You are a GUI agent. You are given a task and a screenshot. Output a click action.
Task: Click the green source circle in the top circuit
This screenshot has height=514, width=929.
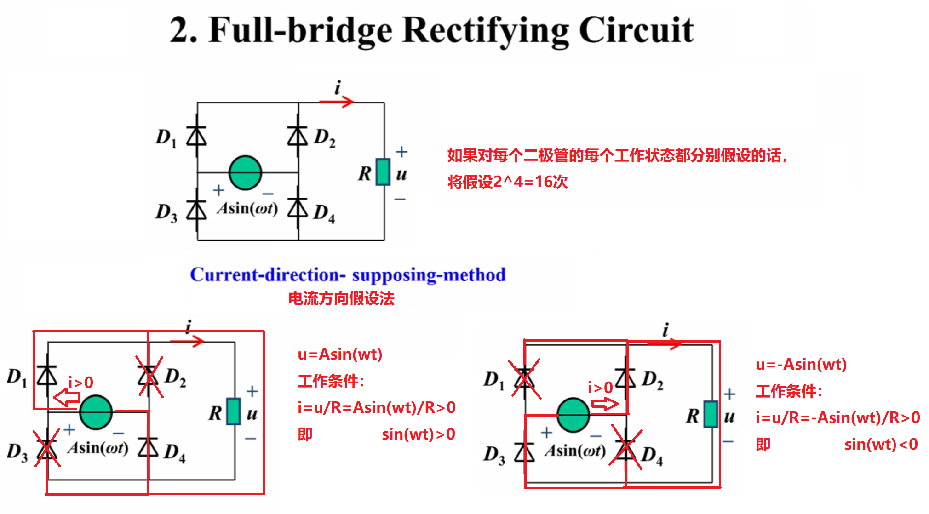245,173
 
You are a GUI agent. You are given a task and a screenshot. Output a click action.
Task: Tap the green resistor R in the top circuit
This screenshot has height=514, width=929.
383,172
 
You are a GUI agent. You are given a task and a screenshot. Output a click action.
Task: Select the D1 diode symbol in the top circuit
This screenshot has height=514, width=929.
197,136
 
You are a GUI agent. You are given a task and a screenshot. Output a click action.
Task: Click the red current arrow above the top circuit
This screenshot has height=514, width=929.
337,102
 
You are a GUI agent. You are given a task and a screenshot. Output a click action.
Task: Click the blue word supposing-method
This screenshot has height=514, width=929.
429,275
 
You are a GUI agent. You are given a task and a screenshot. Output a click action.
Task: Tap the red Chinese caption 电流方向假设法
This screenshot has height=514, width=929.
341,299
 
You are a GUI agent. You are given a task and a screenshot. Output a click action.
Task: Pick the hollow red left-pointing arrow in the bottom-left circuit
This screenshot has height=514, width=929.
67,397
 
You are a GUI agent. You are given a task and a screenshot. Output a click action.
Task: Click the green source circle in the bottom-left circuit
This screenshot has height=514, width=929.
96,412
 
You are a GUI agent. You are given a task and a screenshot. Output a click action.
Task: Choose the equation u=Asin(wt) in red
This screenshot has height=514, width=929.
340,354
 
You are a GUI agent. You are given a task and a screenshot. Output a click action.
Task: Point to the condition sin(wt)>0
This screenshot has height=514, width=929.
418,434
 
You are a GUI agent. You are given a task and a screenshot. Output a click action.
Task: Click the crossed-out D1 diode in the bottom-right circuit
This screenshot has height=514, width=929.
525,379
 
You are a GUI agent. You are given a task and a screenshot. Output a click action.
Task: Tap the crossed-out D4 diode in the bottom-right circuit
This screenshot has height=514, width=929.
626,447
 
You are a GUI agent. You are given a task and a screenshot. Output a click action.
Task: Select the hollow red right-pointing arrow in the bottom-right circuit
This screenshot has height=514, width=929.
605,404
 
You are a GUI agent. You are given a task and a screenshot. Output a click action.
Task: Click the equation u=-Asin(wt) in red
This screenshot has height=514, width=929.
801,365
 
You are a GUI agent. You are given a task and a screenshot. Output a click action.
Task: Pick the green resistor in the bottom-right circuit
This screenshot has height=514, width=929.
711,414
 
